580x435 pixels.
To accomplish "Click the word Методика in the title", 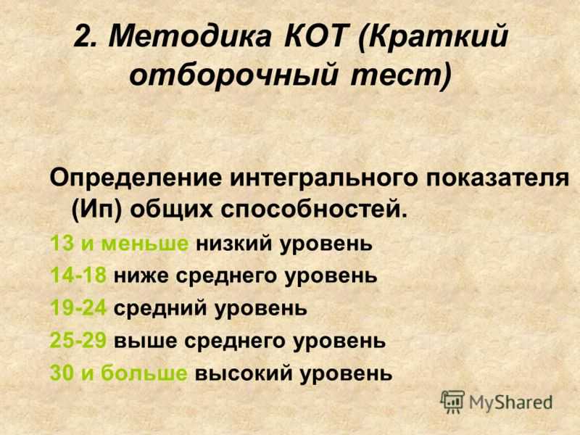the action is click(x=190, y=36).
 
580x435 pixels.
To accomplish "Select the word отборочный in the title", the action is click(x=233, y=75).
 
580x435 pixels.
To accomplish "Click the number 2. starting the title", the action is click(x=86, y=36).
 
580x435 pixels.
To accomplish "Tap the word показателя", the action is click(x=497, y=178).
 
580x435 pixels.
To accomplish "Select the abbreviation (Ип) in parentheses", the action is click(x=97, y=211).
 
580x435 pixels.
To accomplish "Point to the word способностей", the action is click(x=314, y=211).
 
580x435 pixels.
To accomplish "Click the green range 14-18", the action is click(x=78, y=275).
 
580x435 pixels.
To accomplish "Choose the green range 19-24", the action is click(x=78, y=307).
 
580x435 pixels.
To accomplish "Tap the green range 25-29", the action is click(x=78, y=340).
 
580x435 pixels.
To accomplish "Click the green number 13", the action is click(x=62, y=243).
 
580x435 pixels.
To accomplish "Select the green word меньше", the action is click(x=144, y=244).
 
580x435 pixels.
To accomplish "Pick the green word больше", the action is click(x=144, y=373).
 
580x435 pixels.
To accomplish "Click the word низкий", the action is click(x=233, y=244).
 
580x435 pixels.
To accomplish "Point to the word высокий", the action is click(x=244, y=373).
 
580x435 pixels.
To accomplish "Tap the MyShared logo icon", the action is click(x=452, y=402).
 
